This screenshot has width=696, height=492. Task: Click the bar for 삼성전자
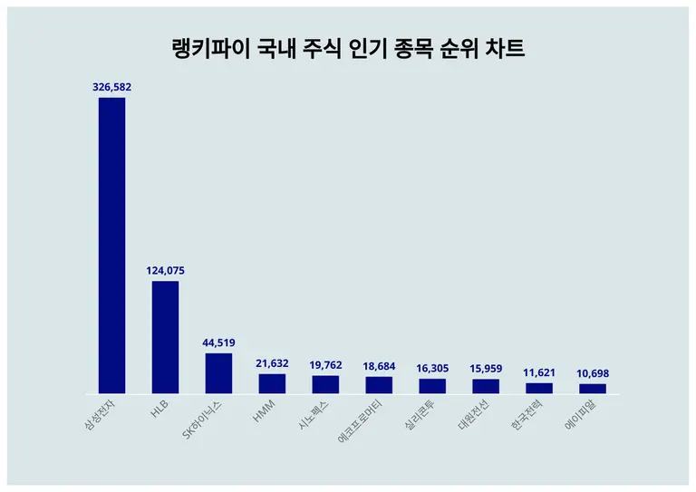[111, 245]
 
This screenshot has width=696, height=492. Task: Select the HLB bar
[165, 337]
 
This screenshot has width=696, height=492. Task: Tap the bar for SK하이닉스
[218, 373]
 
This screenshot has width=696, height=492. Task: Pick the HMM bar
[272, 384]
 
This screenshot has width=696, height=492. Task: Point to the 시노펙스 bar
[325, 385]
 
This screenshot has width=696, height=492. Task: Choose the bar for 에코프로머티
[379, 385]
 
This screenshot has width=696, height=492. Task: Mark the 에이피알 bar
[593, 389]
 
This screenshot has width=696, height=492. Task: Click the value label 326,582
[111, 87]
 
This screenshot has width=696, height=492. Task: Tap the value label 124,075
[165, 270]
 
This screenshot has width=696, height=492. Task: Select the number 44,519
[218, 342]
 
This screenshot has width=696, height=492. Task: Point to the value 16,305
[432, 368]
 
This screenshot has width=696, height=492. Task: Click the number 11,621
[539, 372]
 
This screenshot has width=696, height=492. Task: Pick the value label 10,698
[593, 373]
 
